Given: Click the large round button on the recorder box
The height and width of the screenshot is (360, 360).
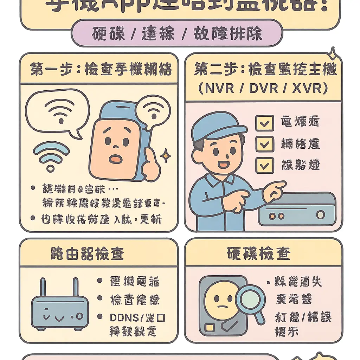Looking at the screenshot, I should click(x=320, y=214).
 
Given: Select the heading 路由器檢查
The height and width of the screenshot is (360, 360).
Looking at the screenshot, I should click(x=88, y=253).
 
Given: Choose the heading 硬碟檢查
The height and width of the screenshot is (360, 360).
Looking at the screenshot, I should click(x=259, y=253).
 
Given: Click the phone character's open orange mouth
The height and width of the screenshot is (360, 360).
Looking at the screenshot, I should click(x=115, y=159).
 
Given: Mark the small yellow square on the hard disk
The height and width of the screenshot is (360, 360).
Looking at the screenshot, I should click(x=209, y=328).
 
